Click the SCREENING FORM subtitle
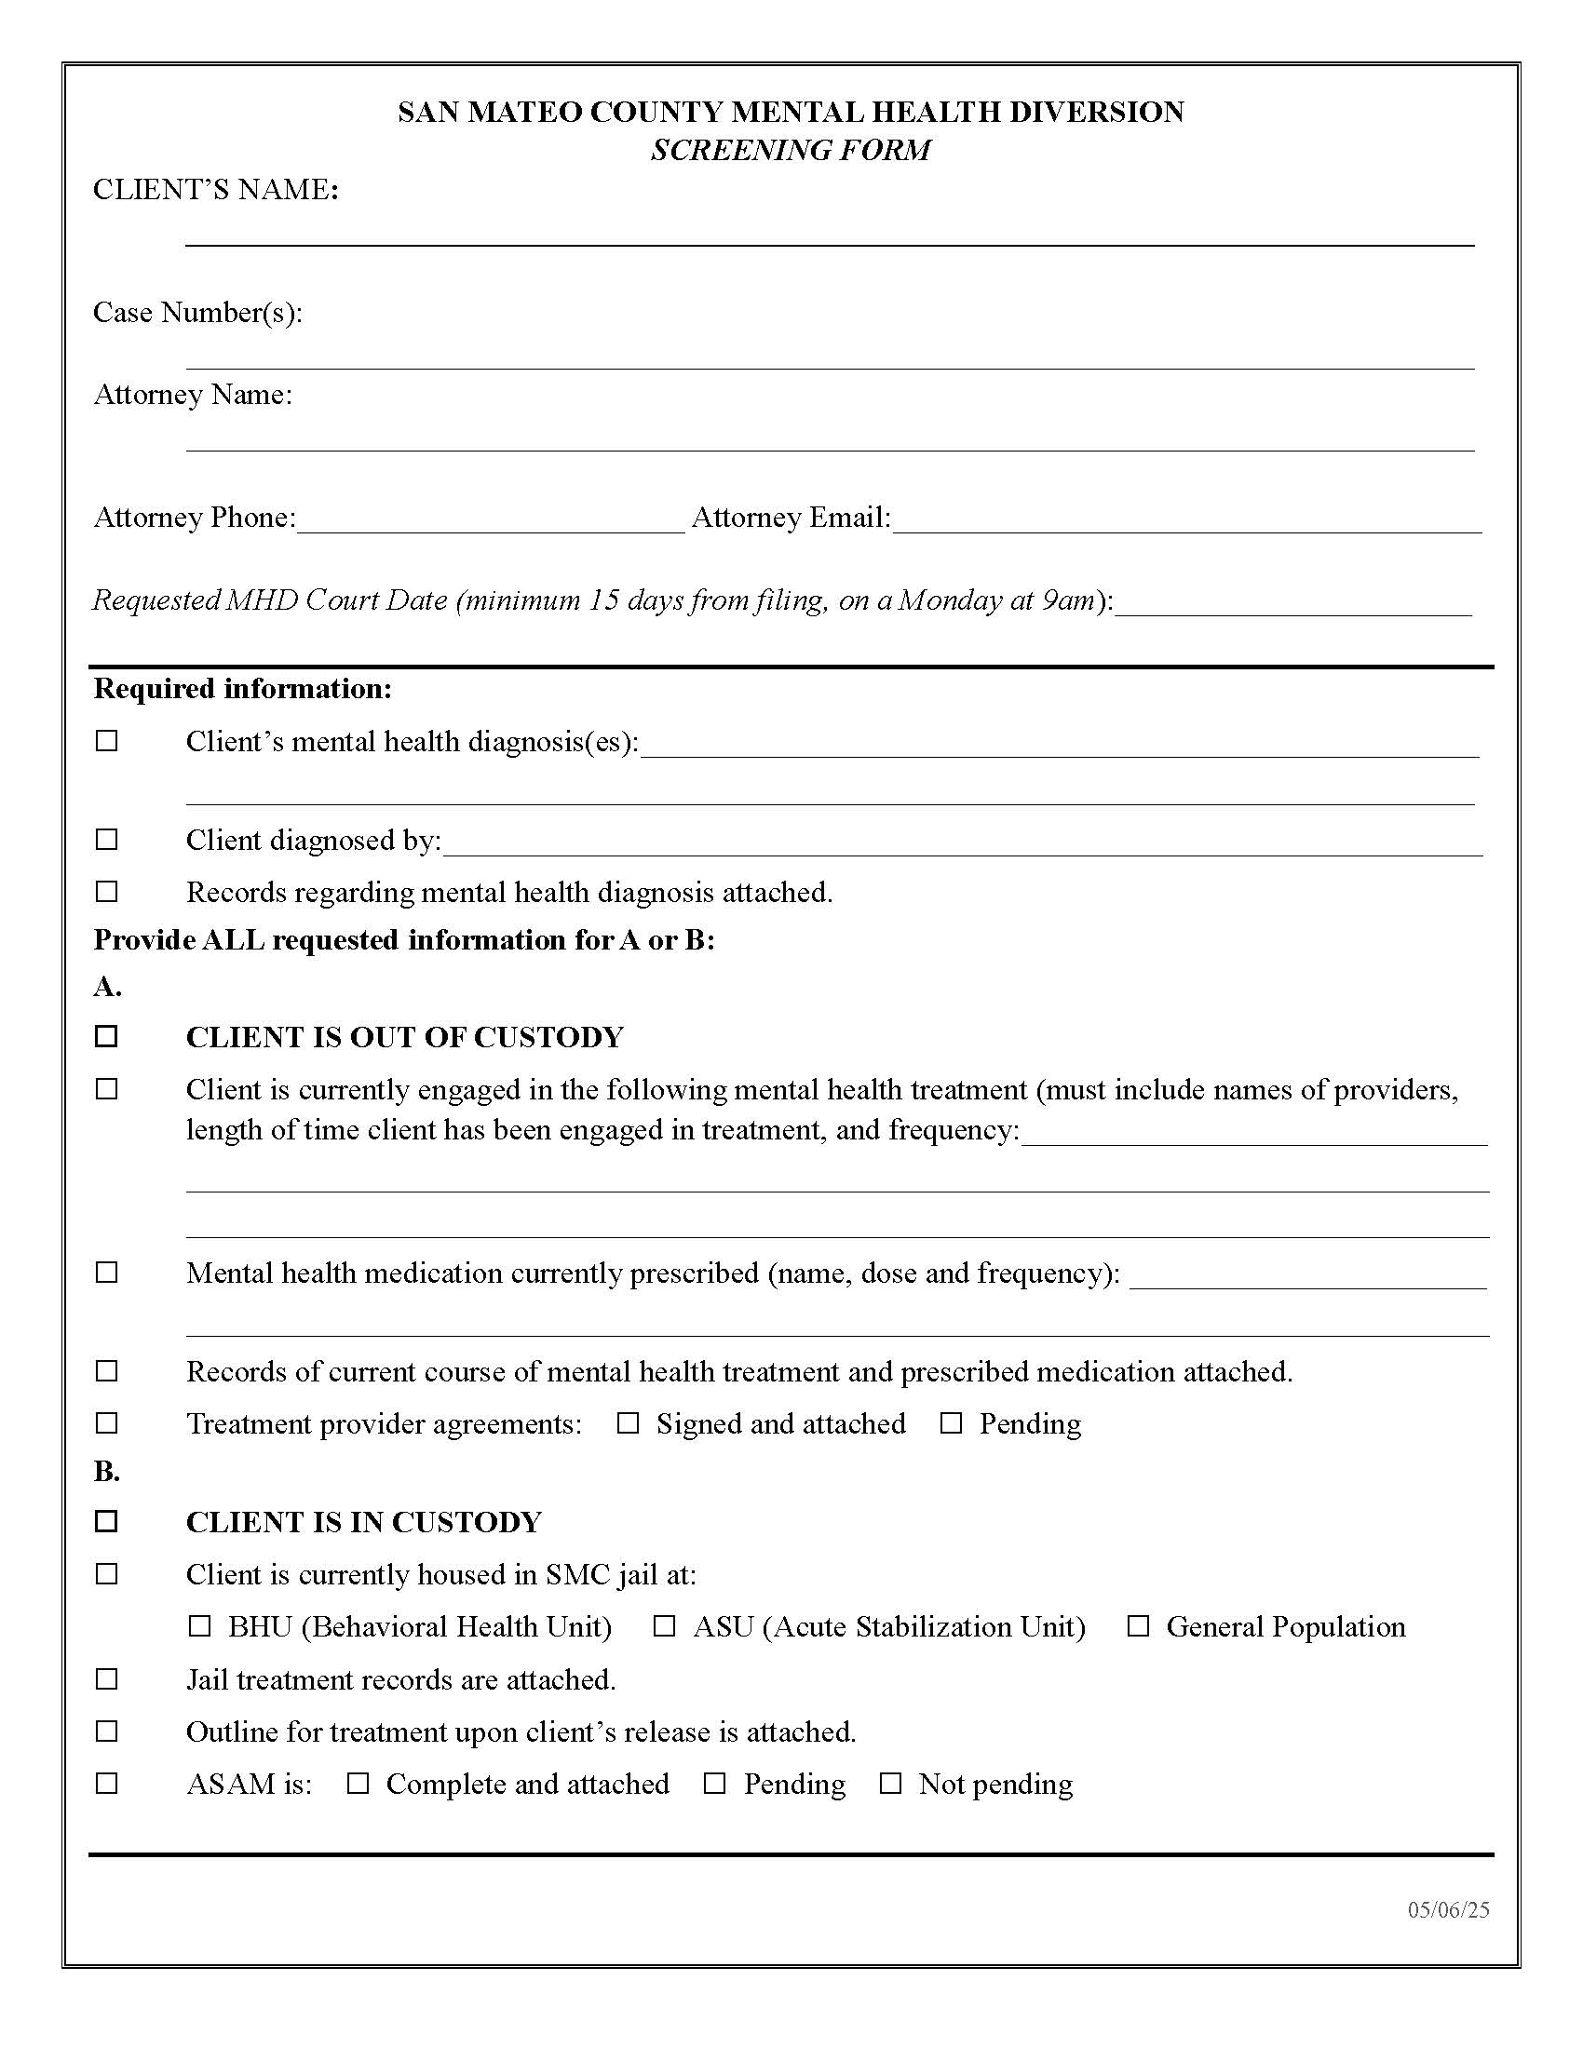pyautogui.click(x=791, y=150)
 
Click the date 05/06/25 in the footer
pyautogui.click(x=1448, y=1910)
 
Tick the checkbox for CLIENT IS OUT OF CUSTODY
pyautogui.click(x=107, y=1036)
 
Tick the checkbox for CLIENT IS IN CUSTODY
pyautogui.click(x=107, y=1521)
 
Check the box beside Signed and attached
pyautogui.click(x=628, y=1423)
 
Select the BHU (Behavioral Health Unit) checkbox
pyautogui.click(x=200, y=1626)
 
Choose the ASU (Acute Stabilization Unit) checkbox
pyautogui.click(x=664, y=1626)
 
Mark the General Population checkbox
pyautogui.click(x=1138, y=1626)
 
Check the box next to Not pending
pyautogui.click(x=890, y=1784)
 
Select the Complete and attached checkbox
pyautogui.click(x=358, y=1784)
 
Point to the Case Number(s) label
pyautogui.click(x=197, y=312)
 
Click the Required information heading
pyautogui.click(x=243, y=689)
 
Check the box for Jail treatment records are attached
pyautogui.click(x=107, y=1678)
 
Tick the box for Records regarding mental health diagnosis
pyautogui.click(x=107, y=891)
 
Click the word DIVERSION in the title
pyautogui.click(x=1096, y=113)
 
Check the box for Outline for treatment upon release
pyautogui.click(x=107, y=1731)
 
